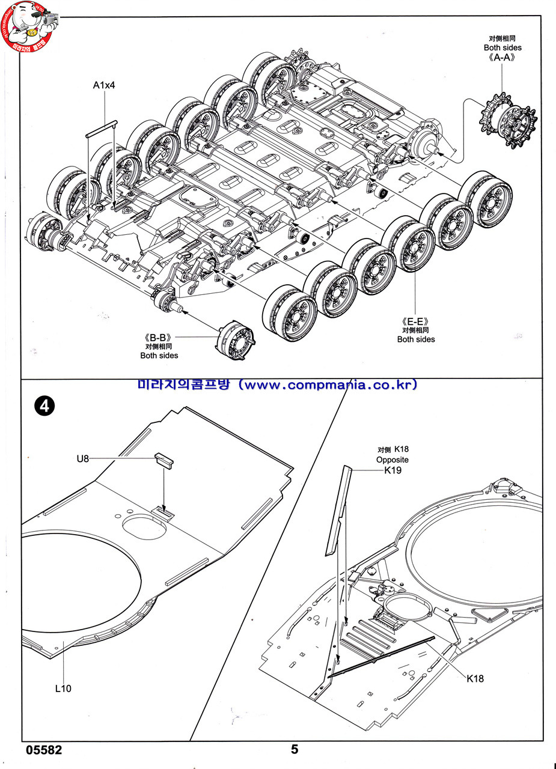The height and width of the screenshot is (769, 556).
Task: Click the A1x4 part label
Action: click(x=104, y=85)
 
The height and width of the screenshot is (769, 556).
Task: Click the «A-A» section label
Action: click(x=502, y=59)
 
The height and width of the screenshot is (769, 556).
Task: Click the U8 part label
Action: click(x=83, y=459)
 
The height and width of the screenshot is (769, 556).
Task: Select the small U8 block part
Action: click(x=165, y=461)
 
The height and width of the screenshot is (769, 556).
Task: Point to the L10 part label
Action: click(x=63, y=688)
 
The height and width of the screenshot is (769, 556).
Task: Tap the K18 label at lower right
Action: click(x=475, y=679)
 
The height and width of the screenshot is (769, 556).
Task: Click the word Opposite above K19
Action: click(x=392, y=460)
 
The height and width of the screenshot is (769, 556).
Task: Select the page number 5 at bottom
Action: click(x=295, y=749)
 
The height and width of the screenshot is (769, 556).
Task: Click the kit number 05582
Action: click(x=44, y=750)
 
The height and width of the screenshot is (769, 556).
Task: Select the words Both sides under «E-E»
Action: click(x=416, y=339)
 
